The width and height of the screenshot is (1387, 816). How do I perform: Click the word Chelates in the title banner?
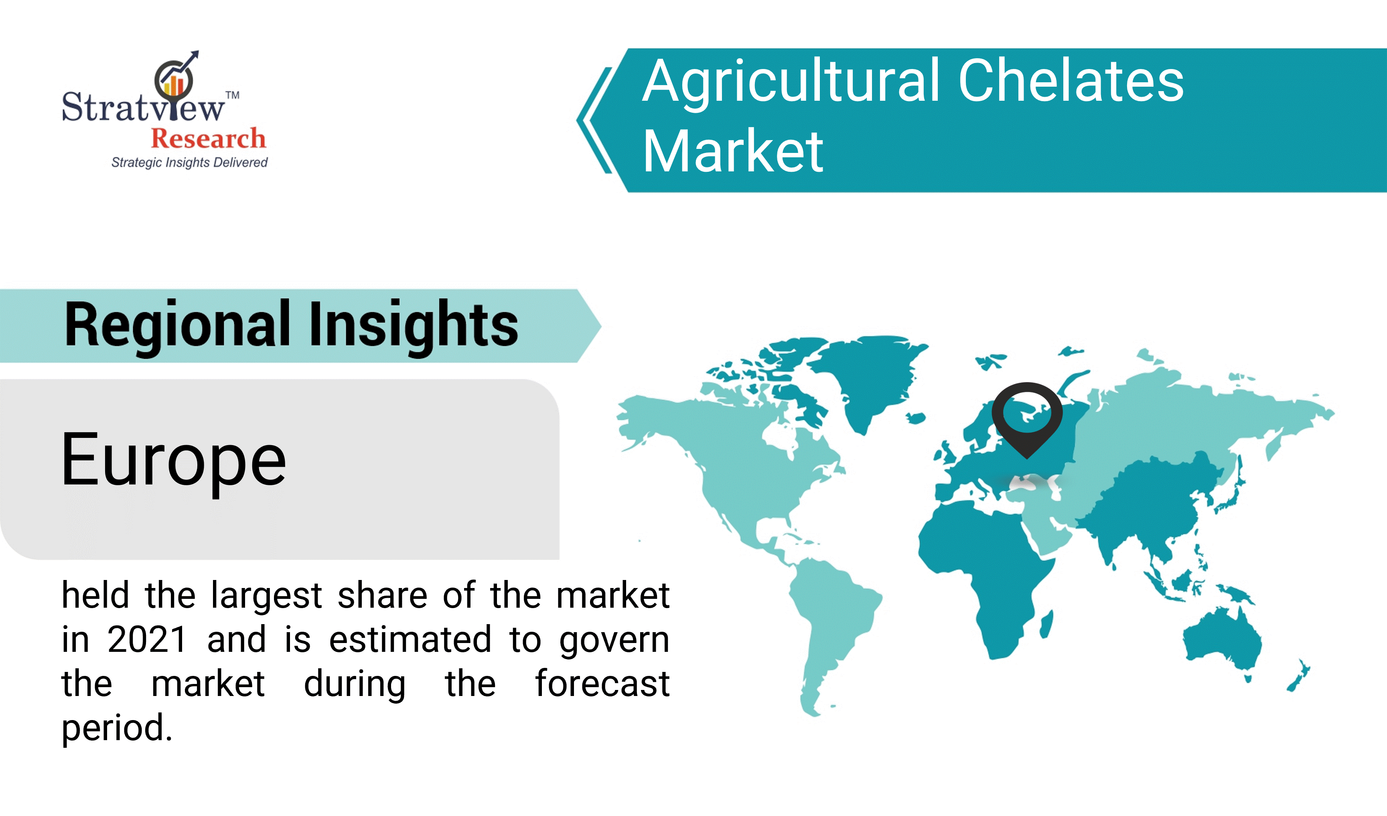(1071, 81)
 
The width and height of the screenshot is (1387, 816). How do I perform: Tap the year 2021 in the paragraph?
(147, 640)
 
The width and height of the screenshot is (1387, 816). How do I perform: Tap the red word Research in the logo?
(209, 138)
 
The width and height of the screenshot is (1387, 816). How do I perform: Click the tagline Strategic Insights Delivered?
(189, 163)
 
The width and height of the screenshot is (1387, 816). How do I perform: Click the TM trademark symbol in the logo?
(233, 95)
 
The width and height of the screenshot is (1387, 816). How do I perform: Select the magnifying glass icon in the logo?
(174, 80)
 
